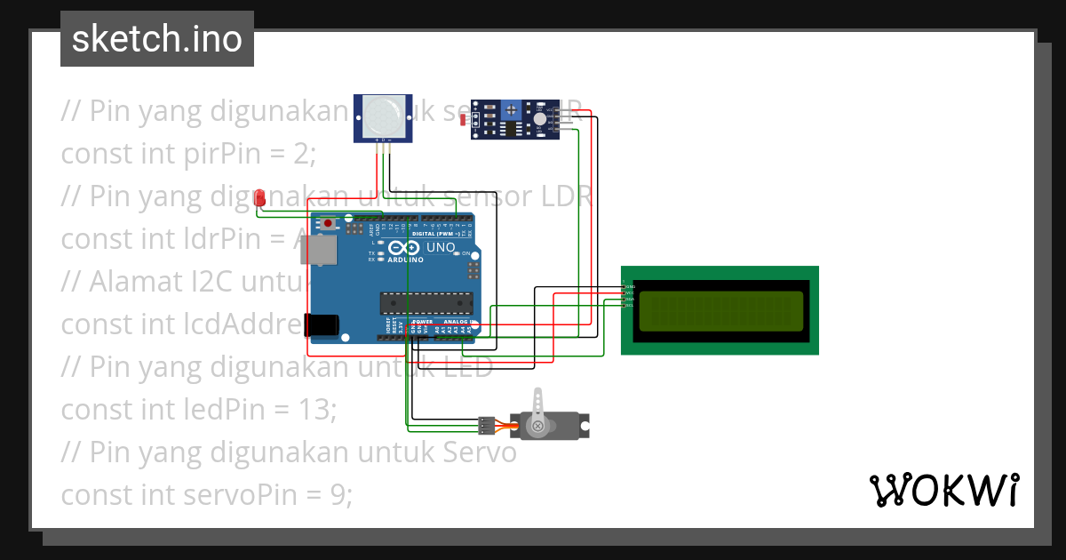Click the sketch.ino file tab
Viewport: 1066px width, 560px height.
pyautogui.click(x=157, y=39)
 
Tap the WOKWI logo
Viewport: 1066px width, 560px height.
pyautogui.click(x=943, y=490)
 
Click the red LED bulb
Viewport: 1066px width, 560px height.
pyautogui.click(x=259, y=197)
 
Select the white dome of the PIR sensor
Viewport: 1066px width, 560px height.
pyautogui.click(x=383, y=114)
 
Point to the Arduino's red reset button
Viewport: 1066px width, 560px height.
pyautogui.click(x=328, y=223)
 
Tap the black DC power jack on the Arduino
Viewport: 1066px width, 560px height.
pyautogui.click(x=322, y=325)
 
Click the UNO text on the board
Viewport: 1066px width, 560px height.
pyautogui.click(x=441, y=248)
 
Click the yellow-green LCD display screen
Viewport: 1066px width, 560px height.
pyautogui.click(x=720, y=310)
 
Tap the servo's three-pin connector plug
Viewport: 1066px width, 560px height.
pyautogui.click(x=486, y=426)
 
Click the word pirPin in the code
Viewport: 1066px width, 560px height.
pyautogui.click(x=225, y=154)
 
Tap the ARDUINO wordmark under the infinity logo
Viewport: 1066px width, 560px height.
pyautogui.click(x=406, y=260)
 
